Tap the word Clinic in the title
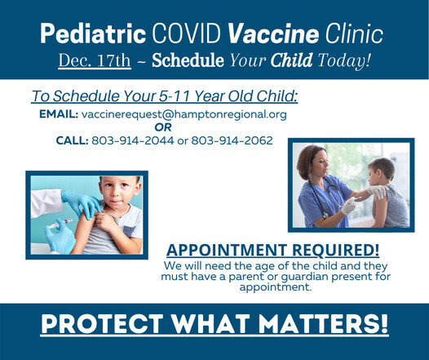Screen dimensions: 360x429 click(x=343, y=35)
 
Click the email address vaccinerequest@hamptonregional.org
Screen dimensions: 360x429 click(x=193, y=114)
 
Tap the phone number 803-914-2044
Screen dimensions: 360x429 click(x=124, y=140)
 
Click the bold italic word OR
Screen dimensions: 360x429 click(x=163, y=127)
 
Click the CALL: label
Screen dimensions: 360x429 click(x=71, y=140)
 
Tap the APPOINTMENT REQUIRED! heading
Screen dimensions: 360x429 click(x=273, y=250)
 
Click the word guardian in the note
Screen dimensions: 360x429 click(x=325, y=277)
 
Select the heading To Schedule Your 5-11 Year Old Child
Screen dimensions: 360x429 click(x=164, y=96)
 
